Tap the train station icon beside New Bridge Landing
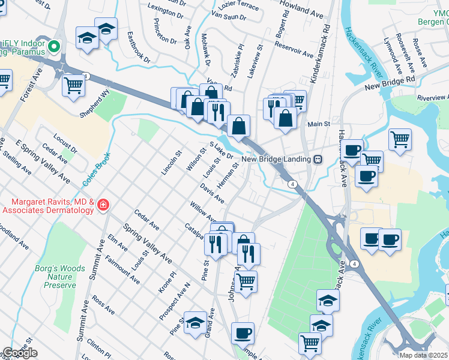(x=318, y=159)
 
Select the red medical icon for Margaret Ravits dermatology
(x=103, y=205)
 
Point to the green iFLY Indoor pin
(x=54, y=46)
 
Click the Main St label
(x=319, y=124)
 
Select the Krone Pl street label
(x=166, y=281)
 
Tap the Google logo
(x=19, y=353)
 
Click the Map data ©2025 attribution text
(x=423, y=355)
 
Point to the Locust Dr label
(x=65, y=140)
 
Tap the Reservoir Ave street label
(x=295, y=53)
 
